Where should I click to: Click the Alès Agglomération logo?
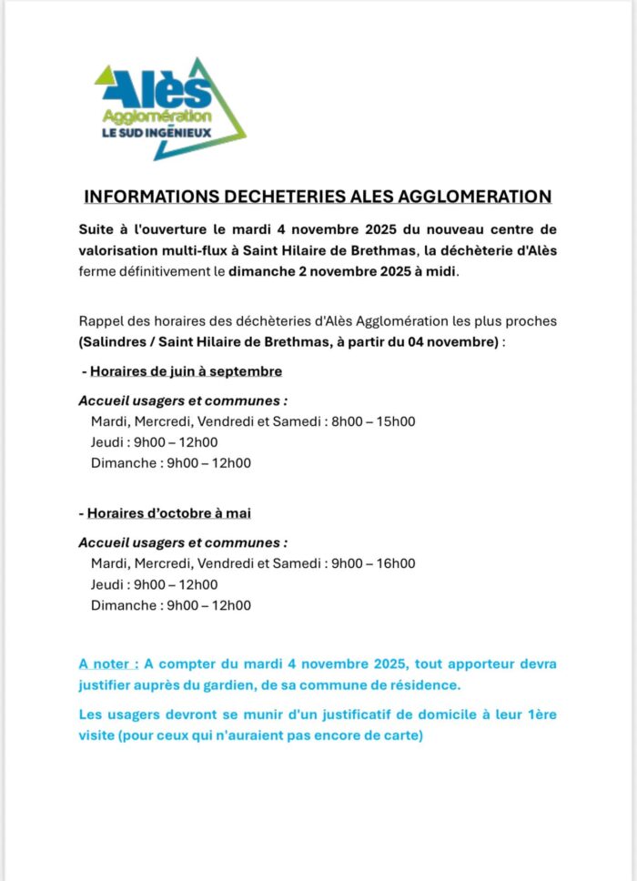click(169, 106)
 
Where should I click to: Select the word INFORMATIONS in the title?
click(138, 197)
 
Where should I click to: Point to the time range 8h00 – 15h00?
click(373, 421)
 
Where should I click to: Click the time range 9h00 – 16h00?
click(373, 563)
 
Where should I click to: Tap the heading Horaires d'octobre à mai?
click(168, 513)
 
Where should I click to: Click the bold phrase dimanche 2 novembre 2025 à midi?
click(343, 271)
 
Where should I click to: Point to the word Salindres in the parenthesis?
click(113, 341)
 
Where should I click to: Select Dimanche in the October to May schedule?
click(122, 605)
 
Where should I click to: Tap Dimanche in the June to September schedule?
click(122, 462)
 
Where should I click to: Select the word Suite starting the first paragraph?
click(97, 228)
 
